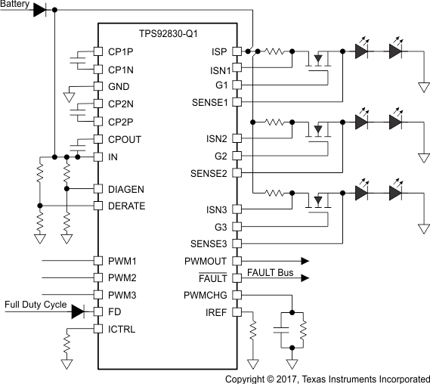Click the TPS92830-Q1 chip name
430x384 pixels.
click(173, 35)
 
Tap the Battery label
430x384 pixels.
click(16, 5)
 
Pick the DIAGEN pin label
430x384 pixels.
click(125, 189)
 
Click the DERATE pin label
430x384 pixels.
click(125, 206)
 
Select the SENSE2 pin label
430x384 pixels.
click(211, 173)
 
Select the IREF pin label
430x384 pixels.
click(218, 312)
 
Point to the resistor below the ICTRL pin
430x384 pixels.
click(67, 347)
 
